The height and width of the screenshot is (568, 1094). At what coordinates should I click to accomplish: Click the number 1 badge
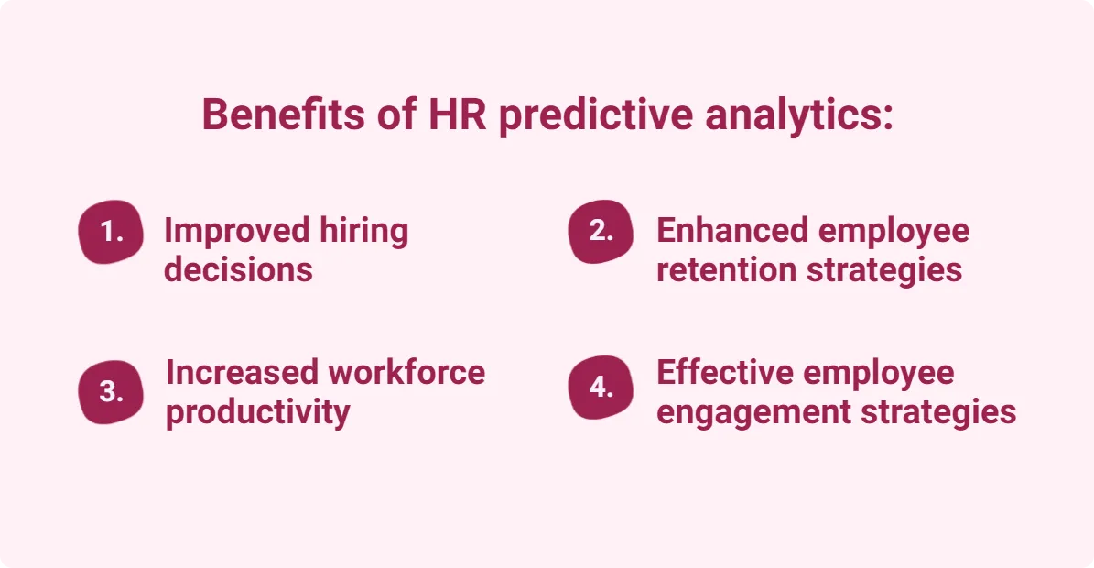point(111,232)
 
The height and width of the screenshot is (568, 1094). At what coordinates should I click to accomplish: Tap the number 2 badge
point(601,231)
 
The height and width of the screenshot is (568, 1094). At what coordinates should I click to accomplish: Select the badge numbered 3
point(111,391)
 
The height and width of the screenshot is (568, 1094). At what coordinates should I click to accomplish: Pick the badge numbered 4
point(601,388)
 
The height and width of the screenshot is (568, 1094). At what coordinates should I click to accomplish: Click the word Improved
point(236,231)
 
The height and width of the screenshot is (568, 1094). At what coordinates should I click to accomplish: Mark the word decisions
point(238,269)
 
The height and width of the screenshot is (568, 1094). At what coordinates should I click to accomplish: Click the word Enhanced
point(731,231)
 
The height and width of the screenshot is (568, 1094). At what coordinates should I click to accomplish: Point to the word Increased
point(242,373)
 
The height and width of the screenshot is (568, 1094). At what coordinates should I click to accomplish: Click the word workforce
point(406,373)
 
